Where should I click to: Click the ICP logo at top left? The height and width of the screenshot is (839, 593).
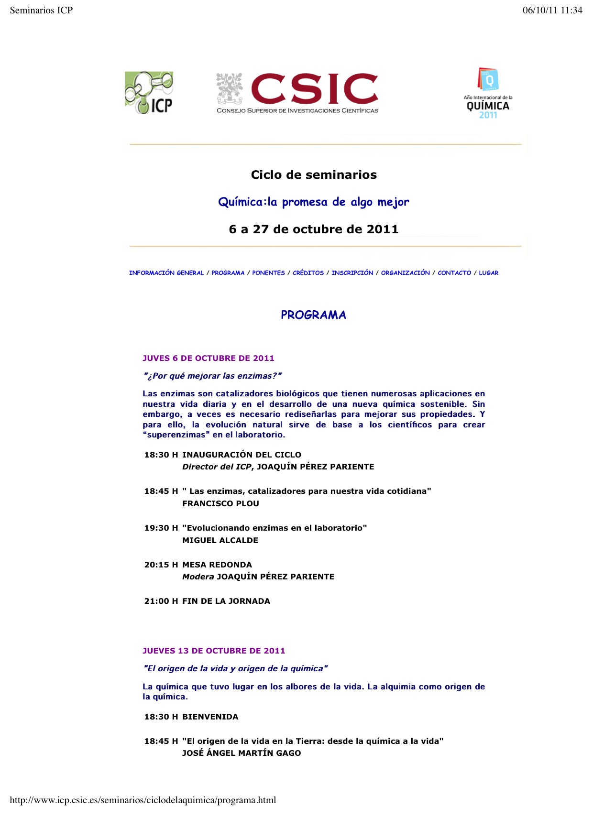coord(149,93)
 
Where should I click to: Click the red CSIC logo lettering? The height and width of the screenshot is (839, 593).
coord(314,88)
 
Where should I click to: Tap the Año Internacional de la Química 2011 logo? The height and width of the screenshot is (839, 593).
coord(488,93)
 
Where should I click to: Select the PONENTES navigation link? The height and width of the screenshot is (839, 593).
coord(268,273)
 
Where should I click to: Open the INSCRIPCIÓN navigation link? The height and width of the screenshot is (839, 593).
coord(352,273)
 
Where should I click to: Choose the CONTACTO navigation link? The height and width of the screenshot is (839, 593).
coord(454,273)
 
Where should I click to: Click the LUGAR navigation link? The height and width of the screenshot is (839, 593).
coord(489,273)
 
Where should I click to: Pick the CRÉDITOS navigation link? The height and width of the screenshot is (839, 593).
coord(308,273)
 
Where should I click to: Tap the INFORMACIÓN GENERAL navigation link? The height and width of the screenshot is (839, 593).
coord(166,273)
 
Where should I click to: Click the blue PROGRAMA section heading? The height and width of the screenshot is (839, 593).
coord(313,315)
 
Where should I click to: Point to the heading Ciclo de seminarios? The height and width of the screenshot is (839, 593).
coord(314,175)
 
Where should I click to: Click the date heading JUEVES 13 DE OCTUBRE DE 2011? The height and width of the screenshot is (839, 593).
coord(214,651)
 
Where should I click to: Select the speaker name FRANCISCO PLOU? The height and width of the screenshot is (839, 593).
coord(220,503)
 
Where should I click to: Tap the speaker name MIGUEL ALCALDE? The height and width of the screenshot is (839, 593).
coord(220,540)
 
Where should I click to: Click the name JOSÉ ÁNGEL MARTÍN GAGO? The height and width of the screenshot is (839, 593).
coord(242,753)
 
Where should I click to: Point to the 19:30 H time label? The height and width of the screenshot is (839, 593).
coord(161,528)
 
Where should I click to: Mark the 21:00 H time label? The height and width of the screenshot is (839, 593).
coord(161,601)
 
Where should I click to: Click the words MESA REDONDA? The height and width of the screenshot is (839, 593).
coord(217,565)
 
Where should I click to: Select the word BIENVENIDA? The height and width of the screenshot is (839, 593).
coord(210,717)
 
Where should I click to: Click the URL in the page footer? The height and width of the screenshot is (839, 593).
coord(143,800)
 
